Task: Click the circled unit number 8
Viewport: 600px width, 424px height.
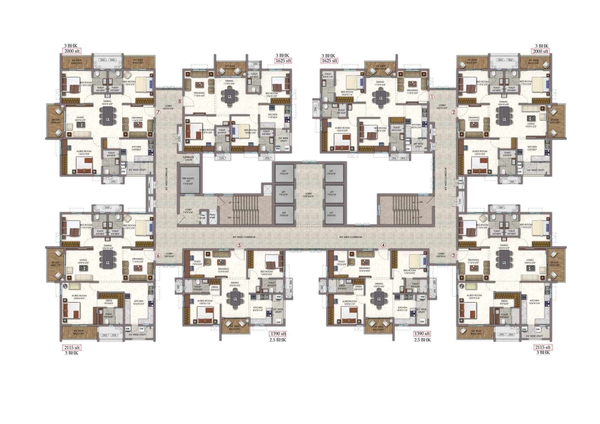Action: (180, 102)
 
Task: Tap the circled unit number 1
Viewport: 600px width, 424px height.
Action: (432, 97)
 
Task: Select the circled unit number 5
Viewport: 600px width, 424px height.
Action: (239, 245)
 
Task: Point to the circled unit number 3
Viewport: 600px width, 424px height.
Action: (454, 255)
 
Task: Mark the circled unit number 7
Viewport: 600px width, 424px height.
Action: (158, 112)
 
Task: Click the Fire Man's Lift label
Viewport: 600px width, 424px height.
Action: (188, 181)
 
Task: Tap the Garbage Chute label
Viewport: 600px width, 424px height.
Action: (188, 158)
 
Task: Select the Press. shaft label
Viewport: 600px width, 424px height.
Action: (212, 216)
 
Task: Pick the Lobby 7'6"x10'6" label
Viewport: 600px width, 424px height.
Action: (188, 211)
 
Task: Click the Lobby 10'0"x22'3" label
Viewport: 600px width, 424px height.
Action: (308, 195)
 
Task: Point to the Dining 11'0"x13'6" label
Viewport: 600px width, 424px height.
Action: (229, 82)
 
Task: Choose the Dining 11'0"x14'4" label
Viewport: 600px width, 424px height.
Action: (380, 83)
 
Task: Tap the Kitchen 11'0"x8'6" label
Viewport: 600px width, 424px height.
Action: (272, 116)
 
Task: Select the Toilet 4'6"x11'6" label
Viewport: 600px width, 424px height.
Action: (328, 75)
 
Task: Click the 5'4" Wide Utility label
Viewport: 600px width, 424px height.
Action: (284, 140)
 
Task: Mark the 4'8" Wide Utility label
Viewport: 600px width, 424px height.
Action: (419, 145)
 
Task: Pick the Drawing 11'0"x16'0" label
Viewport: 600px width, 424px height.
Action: (199, 94)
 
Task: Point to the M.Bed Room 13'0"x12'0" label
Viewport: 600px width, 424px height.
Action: (342, 129)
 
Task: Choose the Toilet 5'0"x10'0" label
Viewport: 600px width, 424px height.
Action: (396, 129)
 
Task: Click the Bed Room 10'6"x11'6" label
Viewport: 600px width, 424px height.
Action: (347, 93)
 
